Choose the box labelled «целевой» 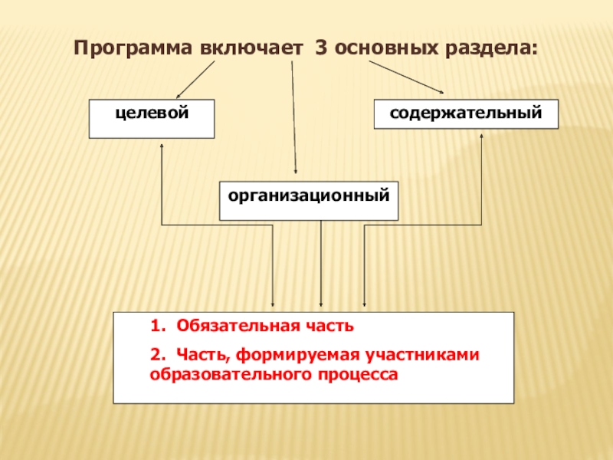coord(152,119)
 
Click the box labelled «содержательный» coord(466,113)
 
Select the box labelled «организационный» coord(309,200)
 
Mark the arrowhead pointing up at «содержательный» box coord(481,136)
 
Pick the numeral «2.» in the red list coord(157,355)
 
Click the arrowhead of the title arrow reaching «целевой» coord(179,96)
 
